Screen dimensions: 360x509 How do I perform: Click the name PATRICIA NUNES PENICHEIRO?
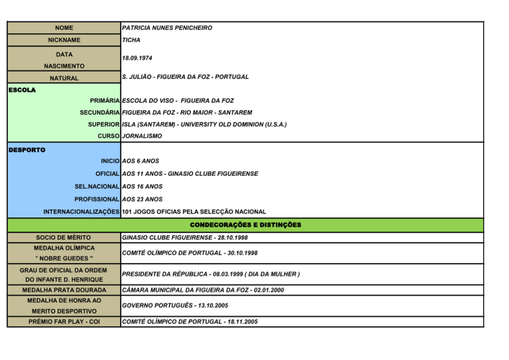167,28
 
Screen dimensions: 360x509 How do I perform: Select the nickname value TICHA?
131,40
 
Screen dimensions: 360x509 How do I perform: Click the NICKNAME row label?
64,40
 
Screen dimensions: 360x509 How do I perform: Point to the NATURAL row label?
64,78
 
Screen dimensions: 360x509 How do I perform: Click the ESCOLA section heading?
23,89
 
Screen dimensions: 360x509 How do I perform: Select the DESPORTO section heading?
27,150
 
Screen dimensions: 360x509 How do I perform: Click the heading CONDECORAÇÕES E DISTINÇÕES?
245,225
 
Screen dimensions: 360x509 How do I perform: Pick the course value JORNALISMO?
142,136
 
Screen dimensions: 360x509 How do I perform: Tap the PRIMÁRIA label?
105,101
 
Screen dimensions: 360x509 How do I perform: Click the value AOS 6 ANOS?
141,161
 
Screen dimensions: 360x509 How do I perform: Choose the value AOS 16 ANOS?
142,186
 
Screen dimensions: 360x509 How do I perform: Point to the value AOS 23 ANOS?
142,199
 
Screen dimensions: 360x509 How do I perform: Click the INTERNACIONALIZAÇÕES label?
82,212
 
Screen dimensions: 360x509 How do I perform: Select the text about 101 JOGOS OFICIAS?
194,212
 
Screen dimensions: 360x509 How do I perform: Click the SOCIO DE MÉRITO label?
64,237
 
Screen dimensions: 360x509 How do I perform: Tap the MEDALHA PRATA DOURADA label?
64,290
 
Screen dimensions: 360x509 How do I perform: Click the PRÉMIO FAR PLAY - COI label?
64,322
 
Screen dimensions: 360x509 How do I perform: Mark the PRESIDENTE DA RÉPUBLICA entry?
211,273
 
